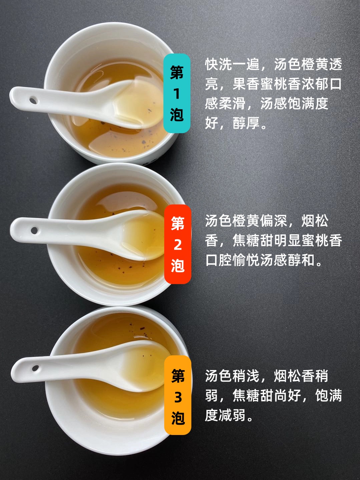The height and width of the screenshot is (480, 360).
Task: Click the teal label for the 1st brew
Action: (177, 93)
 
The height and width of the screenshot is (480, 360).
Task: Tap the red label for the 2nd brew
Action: (178, 244)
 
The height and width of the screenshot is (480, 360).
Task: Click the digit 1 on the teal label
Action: (176, 94)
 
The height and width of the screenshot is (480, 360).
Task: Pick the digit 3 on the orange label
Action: (178, 397)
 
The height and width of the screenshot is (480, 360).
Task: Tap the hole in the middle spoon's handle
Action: (34, 230)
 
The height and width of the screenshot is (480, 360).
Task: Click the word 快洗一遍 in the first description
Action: (232, 64)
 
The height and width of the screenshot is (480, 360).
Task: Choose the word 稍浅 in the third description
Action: (246, 376)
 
